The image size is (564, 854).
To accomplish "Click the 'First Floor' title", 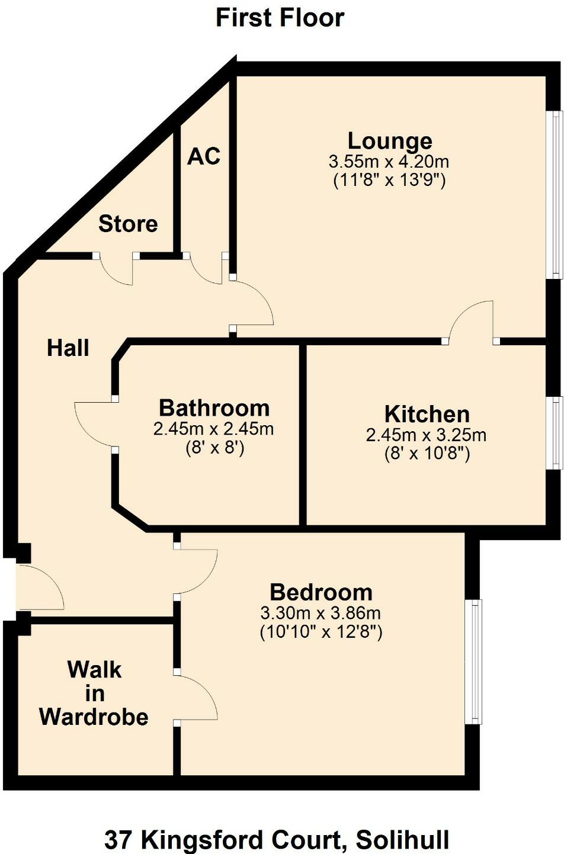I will [x=280, y=18].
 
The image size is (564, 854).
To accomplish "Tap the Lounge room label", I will [x=389, y=141].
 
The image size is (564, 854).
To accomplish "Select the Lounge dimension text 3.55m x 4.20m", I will [x=389, y=161].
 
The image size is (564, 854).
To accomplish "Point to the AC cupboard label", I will [x=204, y=156].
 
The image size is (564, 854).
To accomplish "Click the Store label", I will [x=128, y=224].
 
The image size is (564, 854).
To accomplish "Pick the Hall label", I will [x=68, y=348].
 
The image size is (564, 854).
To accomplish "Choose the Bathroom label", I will [x=214, y=408].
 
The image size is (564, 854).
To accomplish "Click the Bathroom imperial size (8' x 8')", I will [x=214, y=448].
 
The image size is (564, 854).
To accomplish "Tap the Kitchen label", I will [x=427, y=414].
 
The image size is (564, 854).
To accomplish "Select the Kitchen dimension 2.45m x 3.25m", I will [x=427, y=435].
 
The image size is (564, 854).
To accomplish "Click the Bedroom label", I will [x=321, y=592].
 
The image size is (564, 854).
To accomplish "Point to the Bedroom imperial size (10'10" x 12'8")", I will [x=321, y=632].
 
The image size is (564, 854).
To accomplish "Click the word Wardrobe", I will [x=94, y=717].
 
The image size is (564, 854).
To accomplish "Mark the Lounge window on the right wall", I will [x=556, y=195].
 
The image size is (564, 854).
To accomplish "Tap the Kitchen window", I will [x=556, y=433].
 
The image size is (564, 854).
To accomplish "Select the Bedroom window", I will [x=474, y=662].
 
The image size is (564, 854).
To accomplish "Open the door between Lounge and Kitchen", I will [x=472, y=323].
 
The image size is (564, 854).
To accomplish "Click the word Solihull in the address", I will [x=403, y=840].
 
